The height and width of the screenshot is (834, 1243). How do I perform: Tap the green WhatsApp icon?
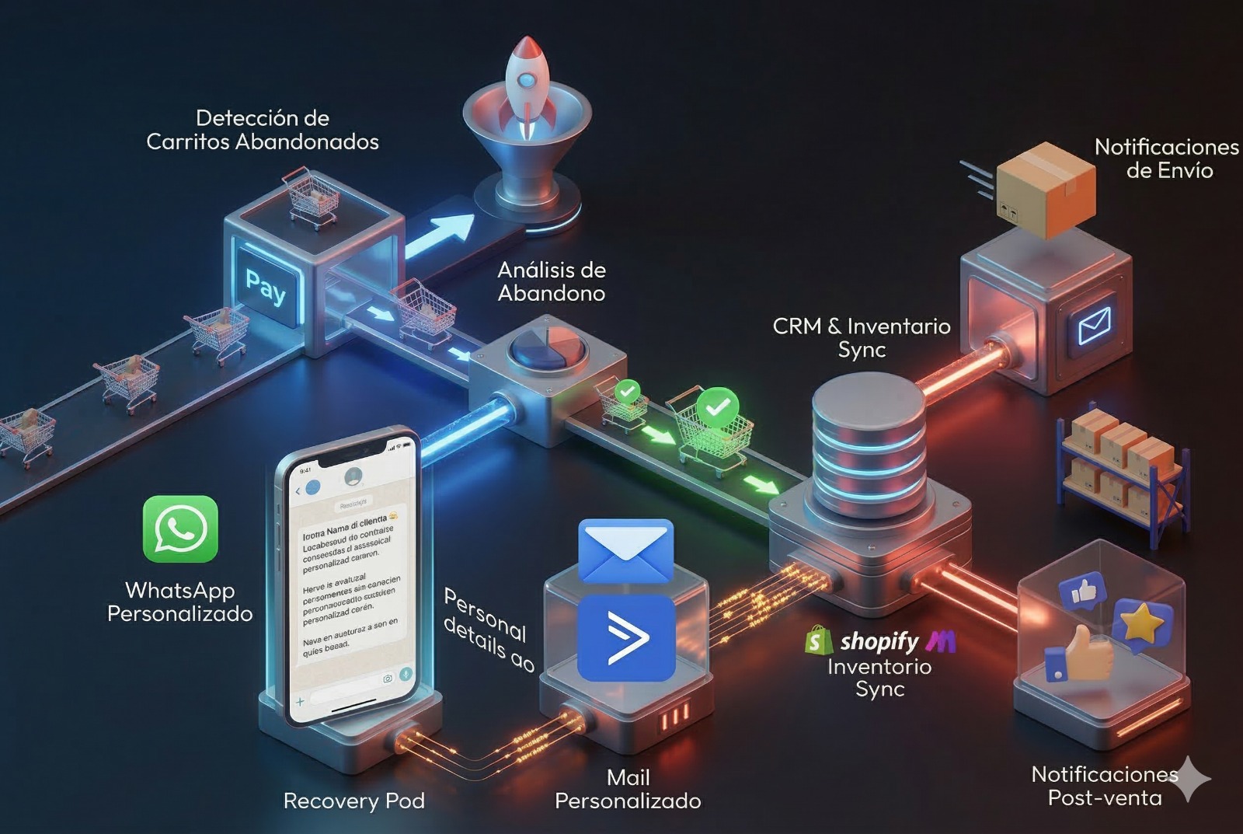point(180,529)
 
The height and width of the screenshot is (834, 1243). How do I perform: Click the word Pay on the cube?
point(266,286)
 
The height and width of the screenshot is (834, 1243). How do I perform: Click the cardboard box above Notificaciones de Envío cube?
point(1046,189)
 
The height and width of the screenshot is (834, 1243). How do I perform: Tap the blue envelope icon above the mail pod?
point(626,550)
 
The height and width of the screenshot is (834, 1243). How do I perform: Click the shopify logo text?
point(879,641)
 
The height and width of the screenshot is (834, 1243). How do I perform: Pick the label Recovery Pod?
point(353,801)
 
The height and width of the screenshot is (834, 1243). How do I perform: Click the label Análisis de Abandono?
point(552,281)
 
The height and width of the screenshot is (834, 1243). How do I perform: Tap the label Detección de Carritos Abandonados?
point(263,130)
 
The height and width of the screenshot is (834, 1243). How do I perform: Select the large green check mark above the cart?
point(717,407)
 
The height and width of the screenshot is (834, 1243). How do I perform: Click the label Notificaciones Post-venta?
point(1104,786)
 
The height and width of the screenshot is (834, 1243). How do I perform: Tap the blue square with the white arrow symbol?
point(626,638)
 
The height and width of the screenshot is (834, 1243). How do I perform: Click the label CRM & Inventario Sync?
point(862,337)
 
